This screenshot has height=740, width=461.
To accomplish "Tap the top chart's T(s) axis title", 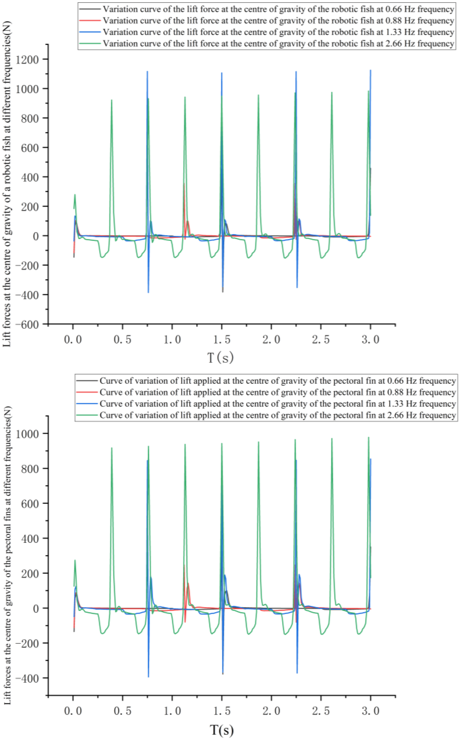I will point(221,357).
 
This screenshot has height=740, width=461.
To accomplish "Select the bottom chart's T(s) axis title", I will point(222,730).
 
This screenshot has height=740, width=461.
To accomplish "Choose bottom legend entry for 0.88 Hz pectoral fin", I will point(277,392).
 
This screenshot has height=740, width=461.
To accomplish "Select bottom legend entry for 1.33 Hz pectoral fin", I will point(277,404).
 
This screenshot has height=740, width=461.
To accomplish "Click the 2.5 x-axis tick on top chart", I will point(321,340).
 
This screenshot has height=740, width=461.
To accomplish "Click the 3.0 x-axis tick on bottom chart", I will point(371,711).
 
